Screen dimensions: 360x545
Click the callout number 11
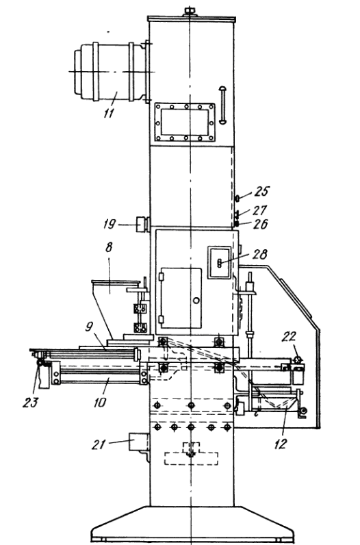(108, 112)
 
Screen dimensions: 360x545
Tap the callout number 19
(109, 224)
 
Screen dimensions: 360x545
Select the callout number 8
(109, 247)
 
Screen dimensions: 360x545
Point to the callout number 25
(262, 191)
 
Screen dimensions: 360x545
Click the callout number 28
(260, 255)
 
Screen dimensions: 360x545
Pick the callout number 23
(30, 403)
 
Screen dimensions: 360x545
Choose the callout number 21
(99, 444)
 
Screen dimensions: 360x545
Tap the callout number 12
(281, 444)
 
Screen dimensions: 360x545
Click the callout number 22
(289, 336)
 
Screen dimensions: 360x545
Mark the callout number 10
(100, 403)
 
